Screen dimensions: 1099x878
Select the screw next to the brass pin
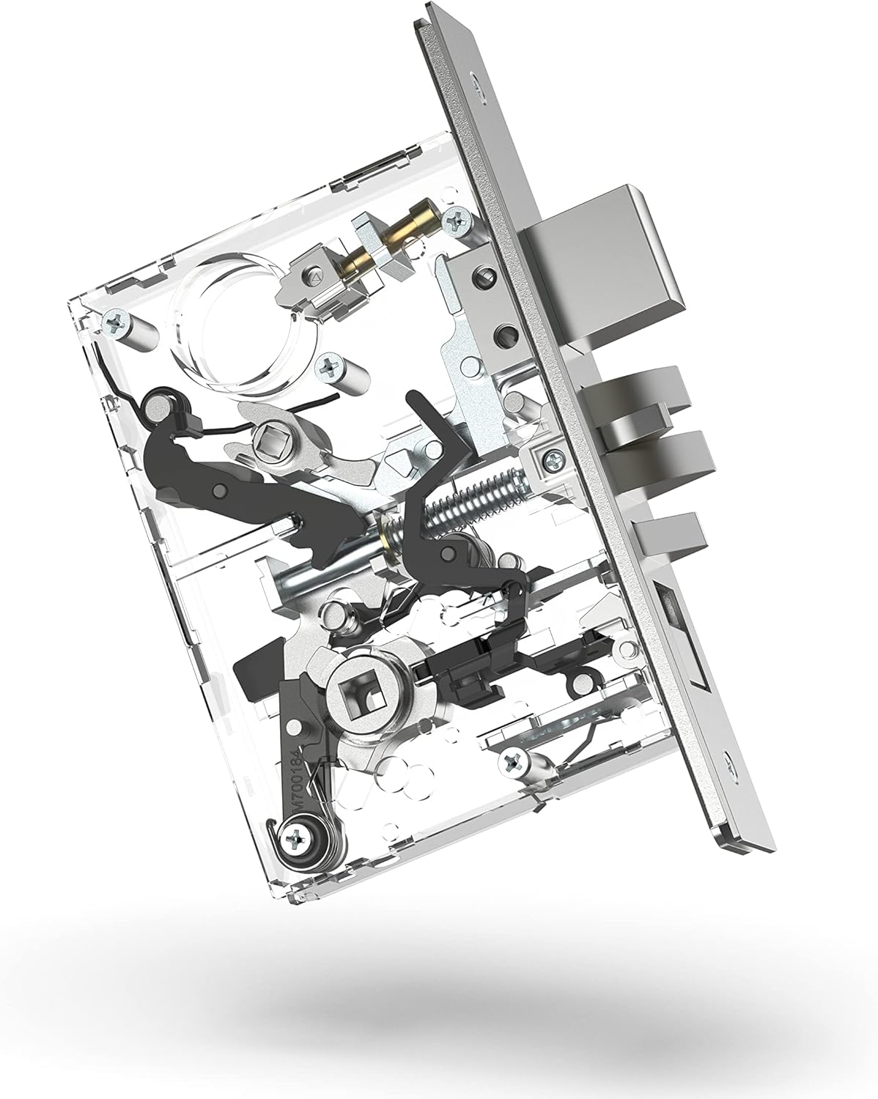[460, 217]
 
